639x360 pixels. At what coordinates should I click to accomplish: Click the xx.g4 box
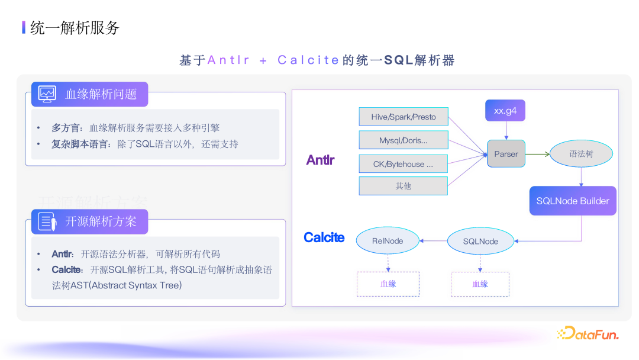point(505,111)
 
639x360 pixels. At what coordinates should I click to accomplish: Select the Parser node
point(506,154)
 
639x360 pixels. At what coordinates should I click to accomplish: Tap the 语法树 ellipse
point(581,154)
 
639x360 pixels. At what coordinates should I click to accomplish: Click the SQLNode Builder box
point(573,201)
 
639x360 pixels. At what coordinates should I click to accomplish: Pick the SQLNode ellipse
point(480,241)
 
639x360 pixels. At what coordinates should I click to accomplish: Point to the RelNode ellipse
point(388,241)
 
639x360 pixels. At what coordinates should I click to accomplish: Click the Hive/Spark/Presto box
point(404,117)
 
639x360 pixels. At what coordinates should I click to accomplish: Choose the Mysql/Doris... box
point(404,140)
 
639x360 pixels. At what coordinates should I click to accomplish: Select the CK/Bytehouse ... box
point(404,164)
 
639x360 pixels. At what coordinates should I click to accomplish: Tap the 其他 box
point(404,186)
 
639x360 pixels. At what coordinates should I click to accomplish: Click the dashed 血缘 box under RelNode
point(388,284)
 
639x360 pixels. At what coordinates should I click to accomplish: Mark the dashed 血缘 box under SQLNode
point(480,284)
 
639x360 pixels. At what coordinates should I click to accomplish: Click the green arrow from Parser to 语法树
point(537,154)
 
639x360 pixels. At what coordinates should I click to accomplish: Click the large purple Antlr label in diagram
point(320,160)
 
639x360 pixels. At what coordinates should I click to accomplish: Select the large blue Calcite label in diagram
point(324,237)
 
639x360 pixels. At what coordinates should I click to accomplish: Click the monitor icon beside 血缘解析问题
point(47,94)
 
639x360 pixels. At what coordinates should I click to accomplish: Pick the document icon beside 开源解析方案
point(47,221)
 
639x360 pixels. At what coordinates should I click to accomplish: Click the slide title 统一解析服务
point(75,27)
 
